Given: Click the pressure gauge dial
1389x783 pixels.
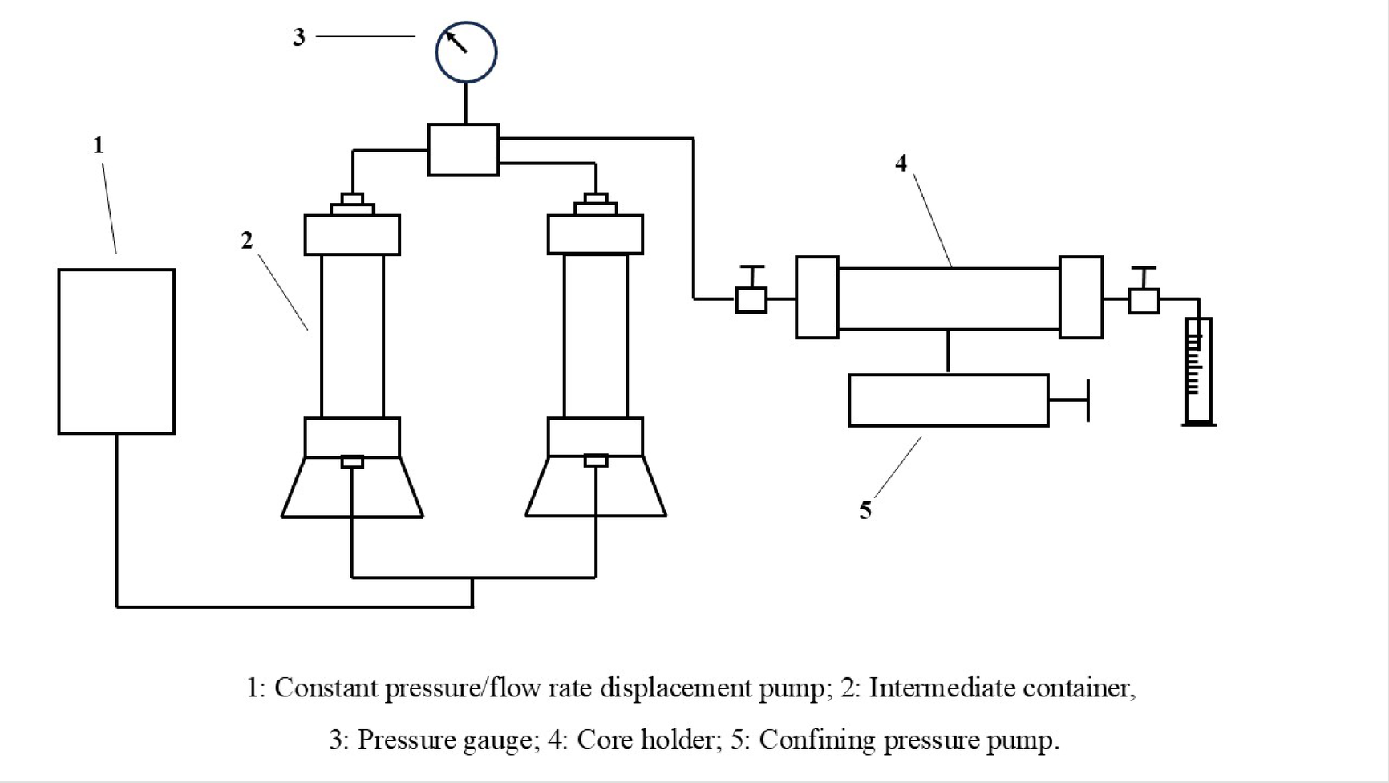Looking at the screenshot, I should [x=466, y=52].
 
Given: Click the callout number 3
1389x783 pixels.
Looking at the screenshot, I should [x=299, y=38].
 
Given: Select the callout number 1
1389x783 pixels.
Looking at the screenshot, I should [x=99, y=145].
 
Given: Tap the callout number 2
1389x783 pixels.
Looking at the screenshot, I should [x=247, y=240].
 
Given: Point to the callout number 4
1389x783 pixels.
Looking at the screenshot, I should [x=901, y=164].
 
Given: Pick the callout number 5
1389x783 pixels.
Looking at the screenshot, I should [x=865, y=510].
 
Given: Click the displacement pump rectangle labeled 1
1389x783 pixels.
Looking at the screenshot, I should [x=116, y=351].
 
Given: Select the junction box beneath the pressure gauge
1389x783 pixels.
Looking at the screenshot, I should [x=463, y=150].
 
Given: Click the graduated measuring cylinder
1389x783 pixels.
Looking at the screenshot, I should [x=1198, y=371].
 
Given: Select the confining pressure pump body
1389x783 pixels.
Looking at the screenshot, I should [x=948, y=400].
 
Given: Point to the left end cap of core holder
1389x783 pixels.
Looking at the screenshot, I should [x=816, y=298].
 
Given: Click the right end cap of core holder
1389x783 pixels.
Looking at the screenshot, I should [x=1081, y=298].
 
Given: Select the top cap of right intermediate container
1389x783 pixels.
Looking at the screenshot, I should [x=595, y=234].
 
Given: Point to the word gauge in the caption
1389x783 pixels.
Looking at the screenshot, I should [x=501, y=739].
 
